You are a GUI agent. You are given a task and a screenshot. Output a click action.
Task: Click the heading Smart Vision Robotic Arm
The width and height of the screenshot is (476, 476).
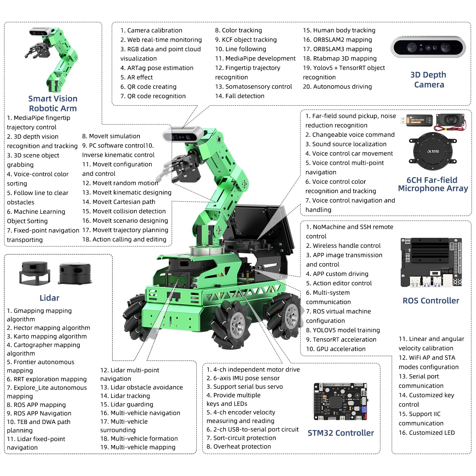[x=53, y=103]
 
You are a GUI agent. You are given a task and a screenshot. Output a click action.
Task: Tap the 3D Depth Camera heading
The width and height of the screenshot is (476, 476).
[x=429, y=80]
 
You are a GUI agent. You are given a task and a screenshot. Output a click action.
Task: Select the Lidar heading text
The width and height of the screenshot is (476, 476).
[x=49, y=298]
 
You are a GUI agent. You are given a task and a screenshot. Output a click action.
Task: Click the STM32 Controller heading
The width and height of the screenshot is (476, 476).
[x=341, y=433]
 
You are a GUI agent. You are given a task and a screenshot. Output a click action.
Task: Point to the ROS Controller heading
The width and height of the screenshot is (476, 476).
[x=431, y=301]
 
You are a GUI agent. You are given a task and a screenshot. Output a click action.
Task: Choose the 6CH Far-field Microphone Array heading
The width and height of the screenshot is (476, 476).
[x=433, y=184]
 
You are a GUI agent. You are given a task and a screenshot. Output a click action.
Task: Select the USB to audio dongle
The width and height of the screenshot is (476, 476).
[x=416, y=120]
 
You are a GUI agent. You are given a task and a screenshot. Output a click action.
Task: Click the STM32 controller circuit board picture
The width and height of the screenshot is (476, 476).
[x=341, y=402]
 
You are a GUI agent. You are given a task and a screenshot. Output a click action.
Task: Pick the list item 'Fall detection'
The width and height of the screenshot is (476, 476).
[x=240, y=96]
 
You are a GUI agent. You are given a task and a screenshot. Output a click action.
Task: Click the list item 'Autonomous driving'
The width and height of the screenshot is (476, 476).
[x=337, y=86]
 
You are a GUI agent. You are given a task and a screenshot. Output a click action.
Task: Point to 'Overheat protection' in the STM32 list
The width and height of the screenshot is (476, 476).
[x=239, y=446]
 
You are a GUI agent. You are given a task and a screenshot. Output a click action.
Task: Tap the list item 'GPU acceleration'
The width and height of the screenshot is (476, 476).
[x=336, y=349]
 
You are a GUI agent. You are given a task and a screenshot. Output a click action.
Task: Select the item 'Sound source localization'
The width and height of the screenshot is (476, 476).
[x=346, y=144]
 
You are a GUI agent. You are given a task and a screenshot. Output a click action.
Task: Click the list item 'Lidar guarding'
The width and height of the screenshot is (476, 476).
[x=127, y=404]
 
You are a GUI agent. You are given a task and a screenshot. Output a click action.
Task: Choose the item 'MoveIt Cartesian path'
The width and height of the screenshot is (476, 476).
[x=119, y=202]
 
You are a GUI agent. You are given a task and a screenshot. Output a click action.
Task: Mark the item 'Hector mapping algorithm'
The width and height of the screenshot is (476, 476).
[x=48, y=328]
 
